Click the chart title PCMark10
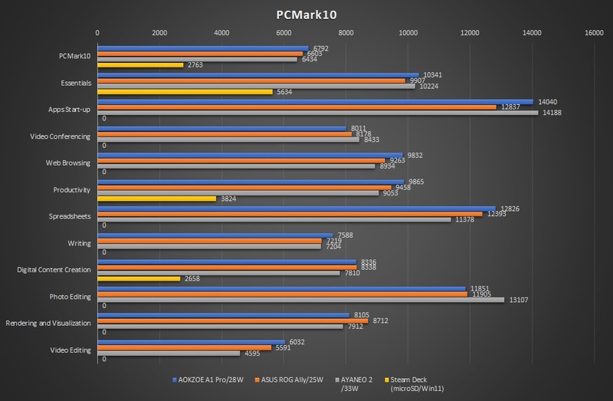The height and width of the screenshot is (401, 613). [306, 14]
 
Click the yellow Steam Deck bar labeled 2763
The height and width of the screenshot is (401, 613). [140, 65]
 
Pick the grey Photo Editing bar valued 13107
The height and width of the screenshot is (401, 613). [300, 299]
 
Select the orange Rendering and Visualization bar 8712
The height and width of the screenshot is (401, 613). [232, 322]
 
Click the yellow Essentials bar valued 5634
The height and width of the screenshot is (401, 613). [185, 92]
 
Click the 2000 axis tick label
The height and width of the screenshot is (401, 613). [159, 33]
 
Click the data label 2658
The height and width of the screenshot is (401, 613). [192, 279]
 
